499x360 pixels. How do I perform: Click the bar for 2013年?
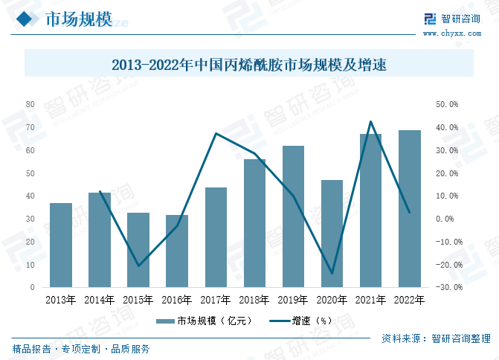[x=61, y=245]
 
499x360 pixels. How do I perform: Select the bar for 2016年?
[x=177, y=251]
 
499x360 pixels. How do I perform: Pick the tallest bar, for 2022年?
[x=409, y=208]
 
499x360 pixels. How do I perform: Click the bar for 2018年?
[x=254, y=223]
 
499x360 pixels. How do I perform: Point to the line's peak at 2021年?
[x=370, y=121]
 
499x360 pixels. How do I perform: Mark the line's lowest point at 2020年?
[x=332, y=274]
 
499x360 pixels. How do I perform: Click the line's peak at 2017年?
[x=216, y=134]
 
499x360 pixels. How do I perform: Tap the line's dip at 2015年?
[x=138, y=266]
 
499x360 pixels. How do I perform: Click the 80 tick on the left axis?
[x=30, y=104]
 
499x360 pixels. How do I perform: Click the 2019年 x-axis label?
[x=292, y=300]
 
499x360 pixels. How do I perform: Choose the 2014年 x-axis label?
[x=100, y=300]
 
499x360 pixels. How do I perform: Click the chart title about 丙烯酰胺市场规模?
[x=249, y=65]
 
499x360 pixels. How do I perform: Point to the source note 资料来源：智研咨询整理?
[x=436, y=338]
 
